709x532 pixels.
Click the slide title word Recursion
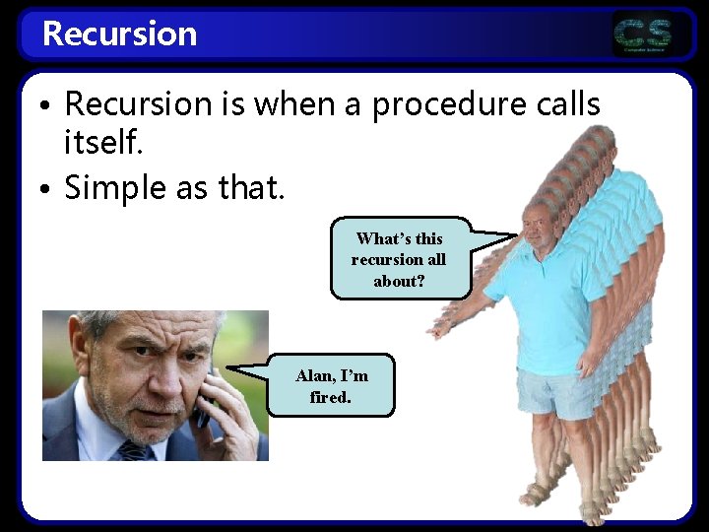(119, 33)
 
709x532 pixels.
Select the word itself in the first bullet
(103, 145)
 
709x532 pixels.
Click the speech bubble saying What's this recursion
(399, 259)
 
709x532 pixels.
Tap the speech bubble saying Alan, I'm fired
(331, 385)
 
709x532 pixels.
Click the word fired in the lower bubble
(331, 398)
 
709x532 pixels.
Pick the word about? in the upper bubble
(399, 281)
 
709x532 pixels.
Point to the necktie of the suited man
(132, 451)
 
